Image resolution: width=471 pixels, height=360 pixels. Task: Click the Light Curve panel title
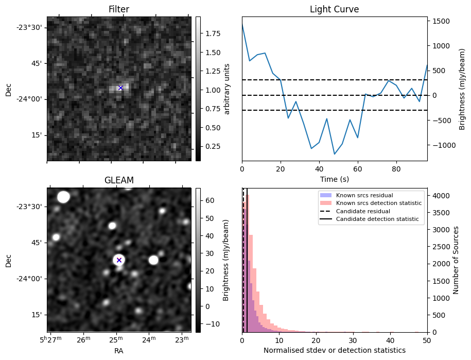334,9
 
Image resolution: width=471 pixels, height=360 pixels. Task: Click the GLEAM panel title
119,180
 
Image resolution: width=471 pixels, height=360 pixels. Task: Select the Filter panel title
119,9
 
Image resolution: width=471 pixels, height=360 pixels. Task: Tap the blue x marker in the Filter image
121,88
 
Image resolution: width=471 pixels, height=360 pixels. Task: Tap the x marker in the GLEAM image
119,260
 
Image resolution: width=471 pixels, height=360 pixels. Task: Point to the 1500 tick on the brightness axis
441,21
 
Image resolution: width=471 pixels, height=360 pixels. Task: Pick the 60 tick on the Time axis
358,169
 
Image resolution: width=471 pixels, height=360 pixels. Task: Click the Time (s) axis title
334,179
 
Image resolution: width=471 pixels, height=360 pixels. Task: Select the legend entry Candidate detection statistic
377,219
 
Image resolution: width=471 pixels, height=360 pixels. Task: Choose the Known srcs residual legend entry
364,195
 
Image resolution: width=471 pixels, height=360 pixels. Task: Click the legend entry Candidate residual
363,211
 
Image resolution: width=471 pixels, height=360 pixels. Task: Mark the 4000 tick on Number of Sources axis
441,196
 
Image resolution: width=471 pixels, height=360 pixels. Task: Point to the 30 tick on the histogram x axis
353,340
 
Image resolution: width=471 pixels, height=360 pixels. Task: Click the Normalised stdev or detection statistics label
334,350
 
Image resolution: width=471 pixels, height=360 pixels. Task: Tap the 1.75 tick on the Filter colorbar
213,33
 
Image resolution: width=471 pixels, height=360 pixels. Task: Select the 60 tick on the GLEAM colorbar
210,200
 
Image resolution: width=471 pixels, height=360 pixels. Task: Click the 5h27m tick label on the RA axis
51,339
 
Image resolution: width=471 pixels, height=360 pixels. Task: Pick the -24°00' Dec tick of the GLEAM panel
31,279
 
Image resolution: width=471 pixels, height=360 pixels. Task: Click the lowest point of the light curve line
334,154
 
